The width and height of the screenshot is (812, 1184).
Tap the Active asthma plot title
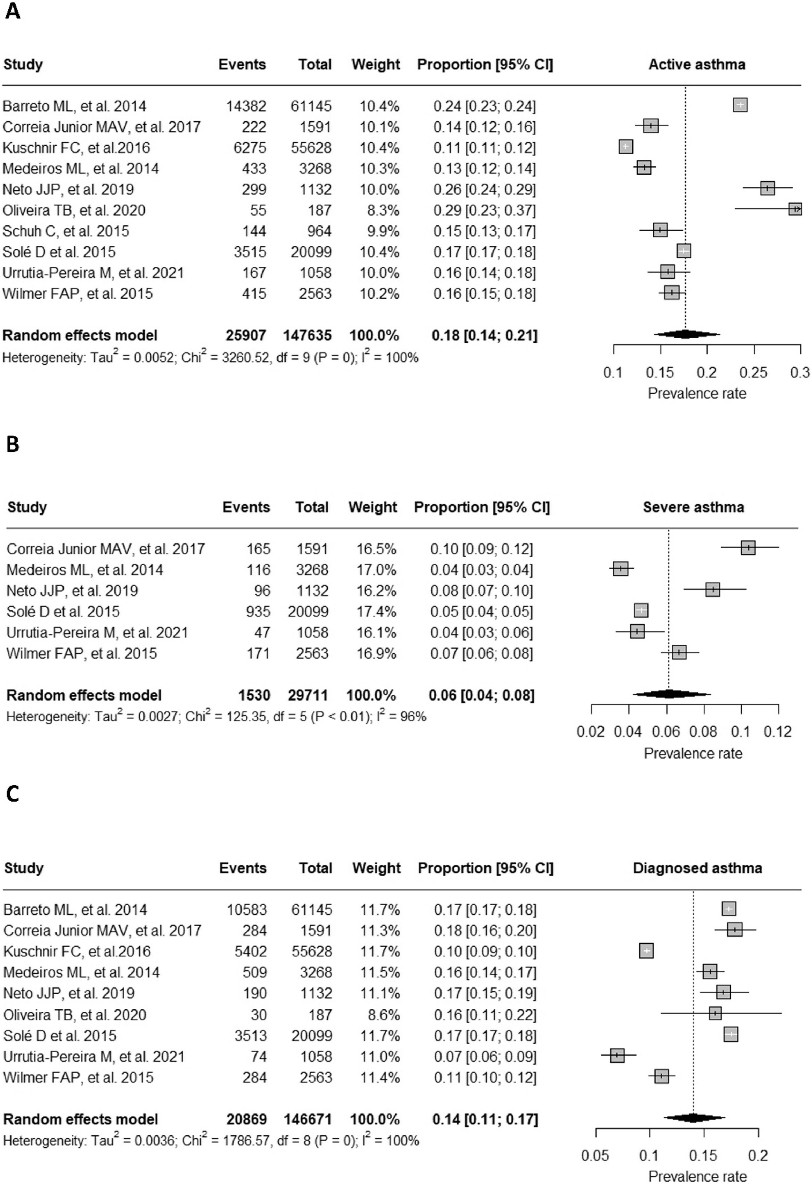[x=696, y=65]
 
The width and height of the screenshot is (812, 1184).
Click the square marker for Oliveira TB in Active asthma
[x=795, y=209]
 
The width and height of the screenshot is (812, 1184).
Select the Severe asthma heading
[x=693, y=507]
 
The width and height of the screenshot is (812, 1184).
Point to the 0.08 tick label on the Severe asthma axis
[x=703, y=732]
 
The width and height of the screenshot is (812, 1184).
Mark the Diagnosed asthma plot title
[x=697, y=868]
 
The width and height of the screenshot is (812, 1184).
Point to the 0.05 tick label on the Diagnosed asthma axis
[x=595, y=1156]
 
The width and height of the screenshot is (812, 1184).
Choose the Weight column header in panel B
[x=372, y=507]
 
